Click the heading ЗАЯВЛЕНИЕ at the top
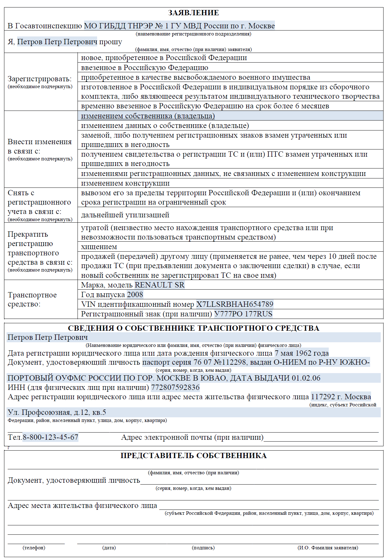click(x=193, y=13)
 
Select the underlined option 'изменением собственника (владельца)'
click(x=148, y=116)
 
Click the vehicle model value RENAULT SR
click(x=159, y=285)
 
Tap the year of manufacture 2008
click(x=135, y=295)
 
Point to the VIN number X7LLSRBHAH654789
click(x=234, y=304)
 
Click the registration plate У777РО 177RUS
click(x=243, y=314)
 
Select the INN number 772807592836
click(x=175, y=387)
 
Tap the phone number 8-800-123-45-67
click(x=50, y=437)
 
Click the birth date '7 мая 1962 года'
click(x=301, y=353)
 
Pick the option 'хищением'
click(x=99, y=247)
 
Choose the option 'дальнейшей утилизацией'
click(x=125, y=215)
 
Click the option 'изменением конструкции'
click(x=125, y=183)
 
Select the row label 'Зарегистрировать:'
click(x=40, y=79)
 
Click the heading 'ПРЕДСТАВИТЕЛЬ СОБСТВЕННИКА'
click(x=193, y=456)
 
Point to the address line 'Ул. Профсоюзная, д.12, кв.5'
click(x=57, y=412)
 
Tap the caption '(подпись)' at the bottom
click(x=203, y=547)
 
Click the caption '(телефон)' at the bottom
click(x=34, y=547)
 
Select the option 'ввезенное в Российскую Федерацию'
click(x=144, y=68)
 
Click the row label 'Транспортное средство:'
click(x=32, y=299)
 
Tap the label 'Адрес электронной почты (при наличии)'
click(x=192, y=437)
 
